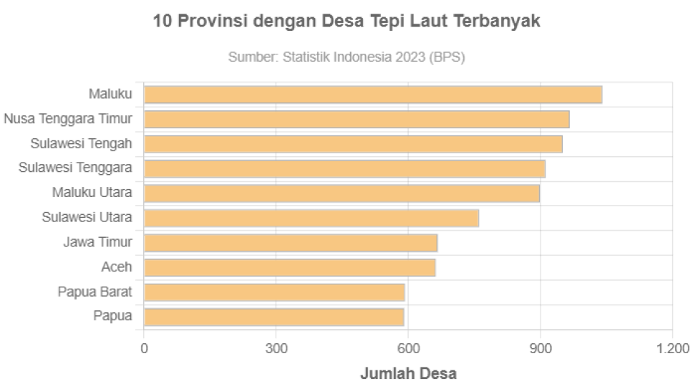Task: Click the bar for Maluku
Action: coord(372,95)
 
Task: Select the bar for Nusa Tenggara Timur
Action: coord(357,120)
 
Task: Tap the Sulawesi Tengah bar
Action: coord(353,144)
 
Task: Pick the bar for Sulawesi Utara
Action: coord(311,218)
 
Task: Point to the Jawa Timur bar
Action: coord(291,243)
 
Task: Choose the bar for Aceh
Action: coord(290,267)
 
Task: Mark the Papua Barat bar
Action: coord(275,292)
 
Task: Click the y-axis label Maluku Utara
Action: coord(92,193)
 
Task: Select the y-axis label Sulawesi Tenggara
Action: coord(75,168)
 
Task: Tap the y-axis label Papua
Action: coord(112,316)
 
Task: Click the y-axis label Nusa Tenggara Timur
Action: coord(68,119)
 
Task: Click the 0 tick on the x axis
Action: coord(145,349)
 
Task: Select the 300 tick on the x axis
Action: coord(276,349)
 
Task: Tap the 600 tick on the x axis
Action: coord(408,349)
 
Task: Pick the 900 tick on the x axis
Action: coord(541,349)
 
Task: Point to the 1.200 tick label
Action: coord(672,349)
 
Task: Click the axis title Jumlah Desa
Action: coord(407,373)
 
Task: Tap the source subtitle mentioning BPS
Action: coord(346,58)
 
